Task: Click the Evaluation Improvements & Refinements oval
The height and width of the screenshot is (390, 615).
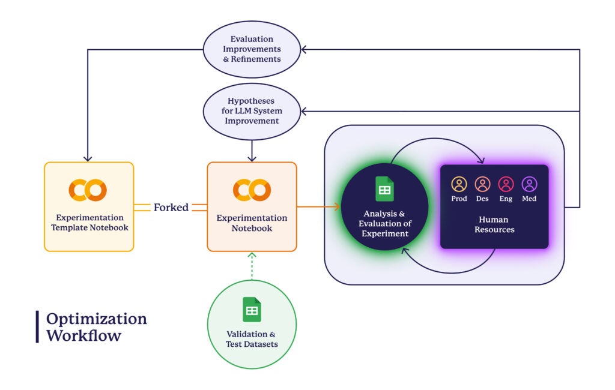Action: tap(252, 49)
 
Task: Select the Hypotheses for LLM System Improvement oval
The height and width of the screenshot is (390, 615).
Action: tap(252, 112)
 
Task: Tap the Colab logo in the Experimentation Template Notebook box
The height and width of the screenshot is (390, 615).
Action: tap(88, 190)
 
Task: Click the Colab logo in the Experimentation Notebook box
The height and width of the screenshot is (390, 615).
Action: tap(252, 190)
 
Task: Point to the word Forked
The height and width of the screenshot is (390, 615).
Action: tap(171, 208)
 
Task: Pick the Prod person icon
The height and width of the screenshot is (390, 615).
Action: tap(459, 184)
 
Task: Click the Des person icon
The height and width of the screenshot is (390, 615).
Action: tap(482, 184)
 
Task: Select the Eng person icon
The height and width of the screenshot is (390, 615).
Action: tap(506, 184)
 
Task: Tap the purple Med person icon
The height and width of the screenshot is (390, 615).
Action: tap(530, 184)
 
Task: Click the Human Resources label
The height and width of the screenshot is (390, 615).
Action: tap(494, 224)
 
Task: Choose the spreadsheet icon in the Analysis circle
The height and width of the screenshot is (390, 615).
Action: tap(385, 189)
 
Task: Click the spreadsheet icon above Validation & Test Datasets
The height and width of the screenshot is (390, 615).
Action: tap(252, 310)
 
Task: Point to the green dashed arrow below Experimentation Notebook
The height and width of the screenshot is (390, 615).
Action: tap(252, 266)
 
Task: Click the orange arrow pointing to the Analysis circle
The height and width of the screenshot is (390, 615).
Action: tap(318, 206)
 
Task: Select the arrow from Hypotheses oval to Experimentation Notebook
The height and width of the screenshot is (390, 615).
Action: tap(252, 151)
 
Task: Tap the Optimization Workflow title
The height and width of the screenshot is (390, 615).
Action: tap(97, 327)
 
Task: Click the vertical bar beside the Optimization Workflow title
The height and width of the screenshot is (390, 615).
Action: tap(37, 327)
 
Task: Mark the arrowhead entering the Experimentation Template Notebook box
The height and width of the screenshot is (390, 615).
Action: tap(88, 158)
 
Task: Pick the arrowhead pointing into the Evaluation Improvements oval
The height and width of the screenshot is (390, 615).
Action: tap(303, 49)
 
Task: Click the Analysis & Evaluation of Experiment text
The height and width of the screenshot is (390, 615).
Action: tap(385, 223)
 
